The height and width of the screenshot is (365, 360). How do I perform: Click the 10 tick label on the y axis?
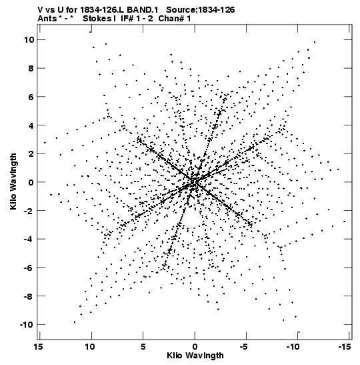pos(29,40)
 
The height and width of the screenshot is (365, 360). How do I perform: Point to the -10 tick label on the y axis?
pos(27,325)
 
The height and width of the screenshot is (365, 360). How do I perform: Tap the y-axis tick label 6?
pos(31,97)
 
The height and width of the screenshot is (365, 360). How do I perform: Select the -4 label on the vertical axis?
pos(29,240)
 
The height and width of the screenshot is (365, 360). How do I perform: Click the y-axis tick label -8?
pos(29,296)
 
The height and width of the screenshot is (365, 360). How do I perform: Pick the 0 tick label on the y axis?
pos(31,182)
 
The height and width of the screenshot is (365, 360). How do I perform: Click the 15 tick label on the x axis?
pos(38,347)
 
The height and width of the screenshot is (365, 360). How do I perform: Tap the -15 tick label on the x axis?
pos(345,347)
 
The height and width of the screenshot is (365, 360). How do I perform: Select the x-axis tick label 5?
pos(143,347)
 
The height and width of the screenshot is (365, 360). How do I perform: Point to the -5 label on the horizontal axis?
pos(244,347)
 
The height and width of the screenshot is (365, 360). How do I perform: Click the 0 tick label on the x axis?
pos(195,347)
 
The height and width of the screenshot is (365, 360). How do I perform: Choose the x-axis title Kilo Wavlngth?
pos(195,356)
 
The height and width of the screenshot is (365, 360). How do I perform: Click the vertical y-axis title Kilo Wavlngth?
pos(13,181)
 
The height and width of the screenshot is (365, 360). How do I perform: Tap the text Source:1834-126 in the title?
pos(201,10)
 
